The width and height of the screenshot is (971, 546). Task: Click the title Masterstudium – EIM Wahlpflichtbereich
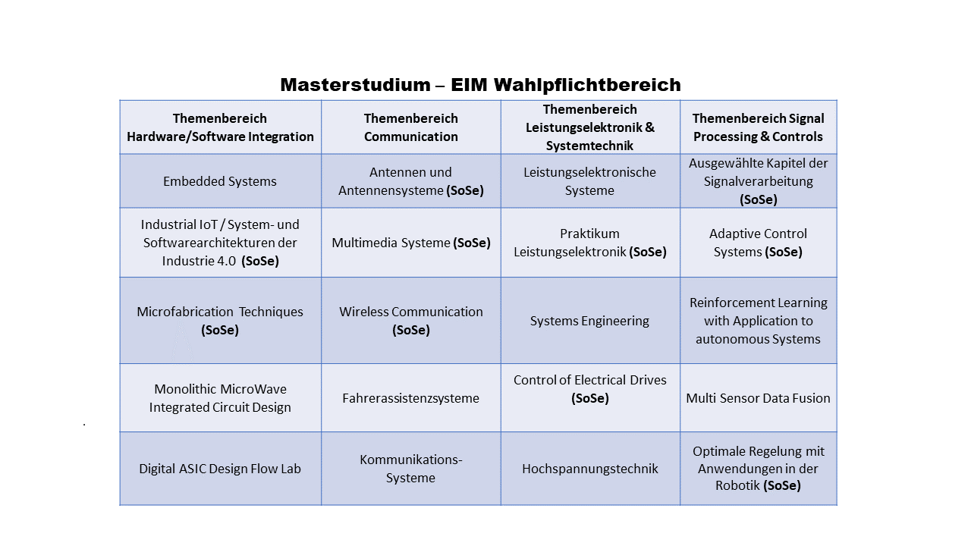click(480, 84)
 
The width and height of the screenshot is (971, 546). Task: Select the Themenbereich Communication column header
click(411, 127)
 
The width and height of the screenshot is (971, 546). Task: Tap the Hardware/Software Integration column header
click(220, 127)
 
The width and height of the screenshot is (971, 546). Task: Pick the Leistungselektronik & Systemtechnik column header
click(590, 127)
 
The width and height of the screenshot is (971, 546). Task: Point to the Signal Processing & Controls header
click(758, 127)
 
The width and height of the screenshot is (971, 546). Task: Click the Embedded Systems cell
click(220, 181)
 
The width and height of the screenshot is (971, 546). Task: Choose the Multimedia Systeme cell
click(411, 243)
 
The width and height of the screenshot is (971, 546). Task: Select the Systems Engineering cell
click(589, 321)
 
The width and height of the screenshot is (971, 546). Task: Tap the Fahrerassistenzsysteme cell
click(411, 398)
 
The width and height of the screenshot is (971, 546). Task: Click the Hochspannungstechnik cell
click(590, 469)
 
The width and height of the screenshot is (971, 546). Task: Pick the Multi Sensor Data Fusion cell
click(758, 398)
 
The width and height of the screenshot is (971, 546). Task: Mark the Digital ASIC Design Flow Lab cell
click(220, 469)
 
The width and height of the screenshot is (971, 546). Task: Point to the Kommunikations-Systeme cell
click(411, 469)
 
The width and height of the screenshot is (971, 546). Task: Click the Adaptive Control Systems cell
click(758, 243)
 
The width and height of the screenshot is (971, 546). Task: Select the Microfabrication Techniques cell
click(220, 321)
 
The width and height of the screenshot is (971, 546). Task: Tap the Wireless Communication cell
click(411, 321)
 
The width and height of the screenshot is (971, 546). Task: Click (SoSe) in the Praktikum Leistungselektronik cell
click(648, 252)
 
